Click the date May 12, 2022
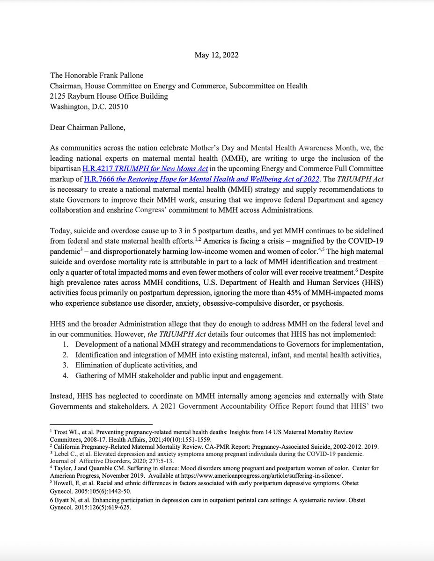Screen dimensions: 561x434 click(216, 55)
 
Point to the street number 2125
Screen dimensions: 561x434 click(59, 96)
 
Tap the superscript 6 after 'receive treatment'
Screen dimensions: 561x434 click(372, 270)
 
